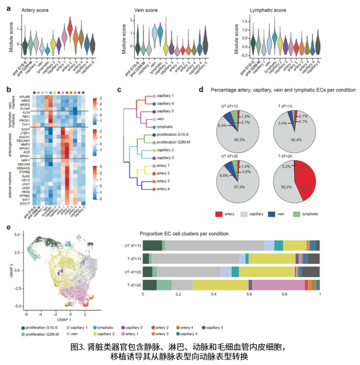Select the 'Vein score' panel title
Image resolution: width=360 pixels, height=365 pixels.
point(145,10)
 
